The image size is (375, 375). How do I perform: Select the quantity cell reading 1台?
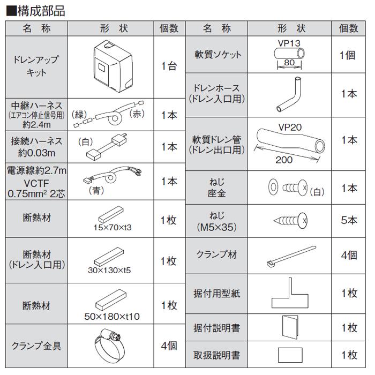point(169,67)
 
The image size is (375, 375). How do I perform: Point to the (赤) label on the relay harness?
point(137,114)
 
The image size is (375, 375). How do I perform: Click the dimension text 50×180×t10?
point(112,316)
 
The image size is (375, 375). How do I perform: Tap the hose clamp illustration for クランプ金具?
point(113,344)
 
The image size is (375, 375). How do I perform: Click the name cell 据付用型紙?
point(217,294)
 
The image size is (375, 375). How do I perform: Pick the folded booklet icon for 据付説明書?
point(290,326)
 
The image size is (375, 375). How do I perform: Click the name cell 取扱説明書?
point(217,355)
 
